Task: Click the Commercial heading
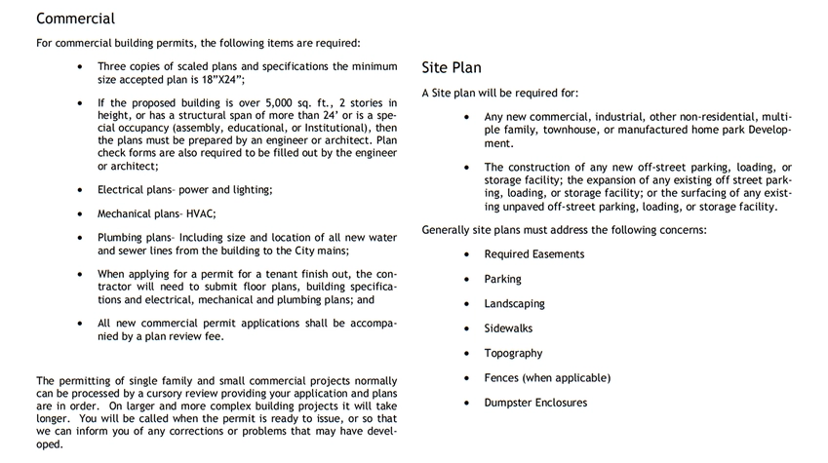[x=75, y=19]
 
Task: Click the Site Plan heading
[x=452, y=68]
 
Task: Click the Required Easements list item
[x=534, y=254]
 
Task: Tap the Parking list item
[x=502, y=279]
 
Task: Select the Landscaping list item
[x=514, y=304]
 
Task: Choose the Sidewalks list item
[x=508, y=328]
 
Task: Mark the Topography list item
[x=513, y=353]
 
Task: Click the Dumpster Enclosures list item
[x=535, y=403]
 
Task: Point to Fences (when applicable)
[x=546, y=378]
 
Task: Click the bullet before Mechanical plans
[x=79, y=213]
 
